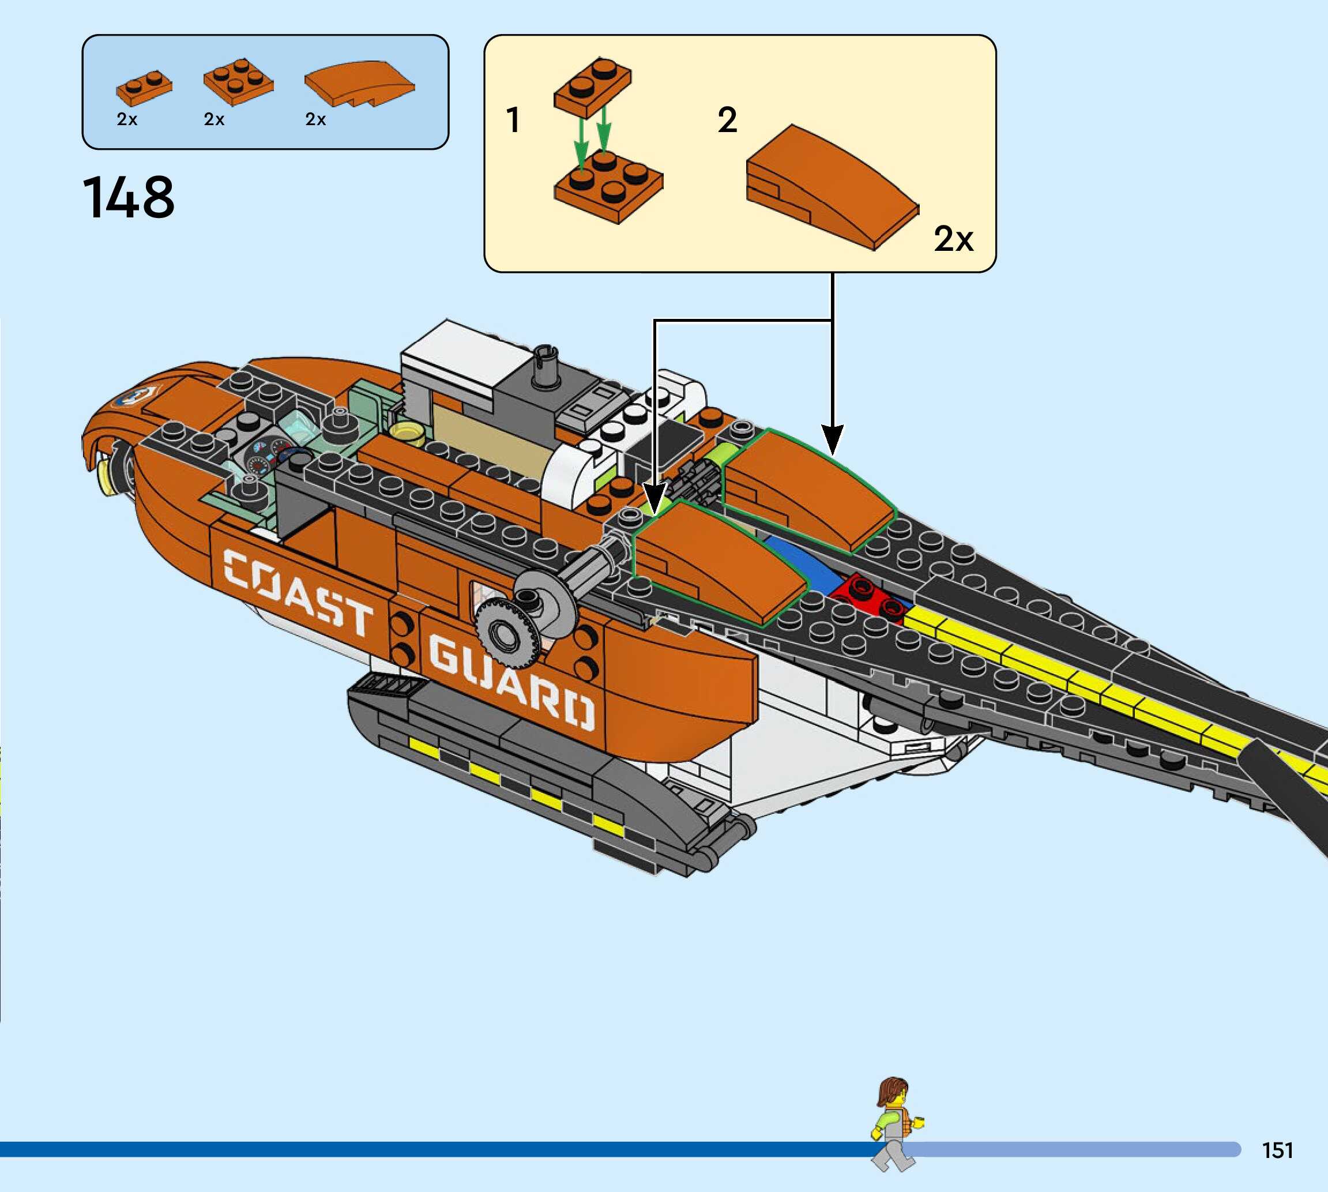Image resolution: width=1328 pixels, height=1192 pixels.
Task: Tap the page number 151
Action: click(x=1277, y=1149)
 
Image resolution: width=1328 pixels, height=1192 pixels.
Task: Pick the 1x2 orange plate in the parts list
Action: click(x=144, y=87)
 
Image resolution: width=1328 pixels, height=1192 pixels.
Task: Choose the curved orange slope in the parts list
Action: click(x=359, y=83)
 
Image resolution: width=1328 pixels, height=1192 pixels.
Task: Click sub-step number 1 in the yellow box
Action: click(x=513, y=121)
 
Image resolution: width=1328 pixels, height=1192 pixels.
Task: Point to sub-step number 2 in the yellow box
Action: click(x=727, y=121)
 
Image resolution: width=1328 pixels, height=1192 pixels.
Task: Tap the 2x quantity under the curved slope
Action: click(x=315, y=119)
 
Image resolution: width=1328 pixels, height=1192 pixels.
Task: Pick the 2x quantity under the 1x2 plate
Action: click(x=127, y=119)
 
